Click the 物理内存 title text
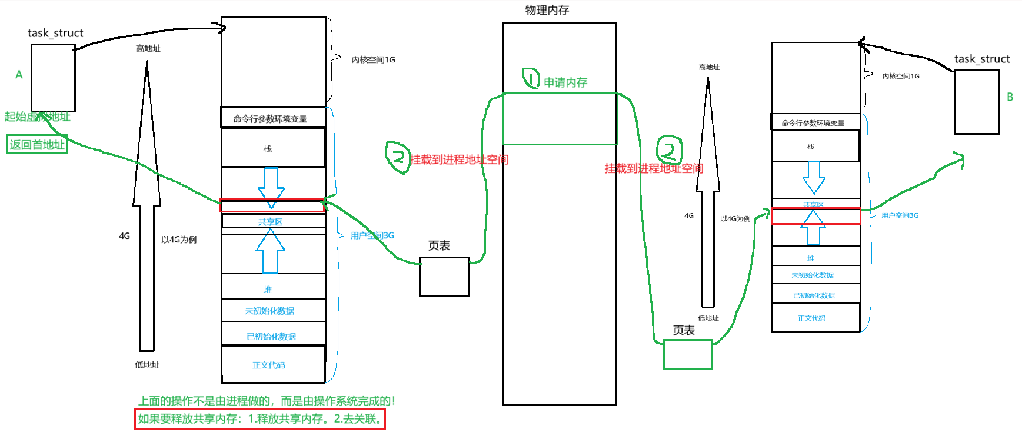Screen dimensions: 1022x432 (x=547, y=10)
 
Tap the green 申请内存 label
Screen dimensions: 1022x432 (x=565, y=82)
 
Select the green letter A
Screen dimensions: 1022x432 (x=19, y=75)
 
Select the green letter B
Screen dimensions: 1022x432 (x=1010, y=97)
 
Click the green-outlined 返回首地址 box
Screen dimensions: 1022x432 (x=37, y=145)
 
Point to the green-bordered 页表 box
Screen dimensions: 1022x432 (x=688, y=354)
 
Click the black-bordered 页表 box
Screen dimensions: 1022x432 (x=444, y=277)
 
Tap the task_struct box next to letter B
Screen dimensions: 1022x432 (x=976, y=102)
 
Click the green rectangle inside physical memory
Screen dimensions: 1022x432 (x=560, y=119)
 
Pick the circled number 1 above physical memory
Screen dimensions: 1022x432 (x=531, y=78)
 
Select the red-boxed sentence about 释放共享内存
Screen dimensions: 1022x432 (x=260, y=419)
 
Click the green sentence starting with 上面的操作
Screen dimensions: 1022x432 (x=267, y=401)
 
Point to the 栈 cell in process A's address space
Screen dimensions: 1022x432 (x=273, y=148)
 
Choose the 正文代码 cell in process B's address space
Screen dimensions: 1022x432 (x=815, y=318)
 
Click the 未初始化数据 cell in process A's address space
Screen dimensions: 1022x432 (x=273, y=311)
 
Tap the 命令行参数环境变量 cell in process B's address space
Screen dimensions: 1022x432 (x=815, y=122)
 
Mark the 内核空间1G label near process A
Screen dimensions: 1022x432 (x=373, y=59)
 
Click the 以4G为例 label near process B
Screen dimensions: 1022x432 (x=735, y=218)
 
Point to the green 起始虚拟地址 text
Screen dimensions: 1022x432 (x=37, y=117)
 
